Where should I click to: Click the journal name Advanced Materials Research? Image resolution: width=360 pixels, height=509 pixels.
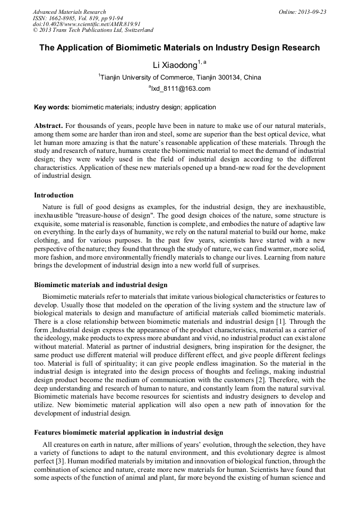point(69,12)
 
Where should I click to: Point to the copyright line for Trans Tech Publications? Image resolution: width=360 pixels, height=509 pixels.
point(93,30)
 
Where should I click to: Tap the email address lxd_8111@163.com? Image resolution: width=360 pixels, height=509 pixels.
point(181,89)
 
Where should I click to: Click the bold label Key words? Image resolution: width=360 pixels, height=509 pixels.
point(52,107)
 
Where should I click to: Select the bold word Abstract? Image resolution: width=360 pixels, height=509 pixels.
point(48,126)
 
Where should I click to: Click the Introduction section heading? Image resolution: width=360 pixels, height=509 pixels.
point(54,195)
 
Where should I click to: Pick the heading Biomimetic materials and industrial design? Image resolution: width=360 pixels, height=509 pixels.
point(101,285)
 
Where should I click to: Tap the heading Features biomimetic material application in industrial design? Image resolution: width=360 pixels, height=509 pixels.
point(128,433)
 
